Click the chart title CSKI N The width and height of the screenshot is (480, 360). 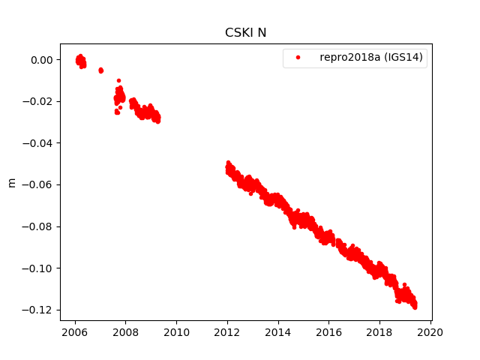(245, 33)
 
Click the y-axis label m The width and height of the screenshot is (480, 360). (11, 182)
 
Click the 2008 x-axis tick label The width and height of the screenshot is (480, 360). (125, 333)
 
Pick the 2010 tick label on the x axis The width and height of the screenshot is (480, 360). (176, 333)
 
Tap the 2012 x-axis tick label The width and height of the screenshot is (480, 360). (227, 333)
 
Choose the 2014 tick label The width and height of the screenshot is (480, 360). (278, 333)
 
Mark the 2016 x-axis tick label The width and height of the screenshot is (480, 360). (328, 333)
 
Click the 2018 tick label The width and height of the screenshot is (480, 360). (379, 333)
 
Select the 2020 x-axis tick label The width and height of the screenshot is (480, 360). (430, 333)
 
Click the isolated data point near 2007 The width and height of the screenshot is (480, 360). (100, 70)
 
